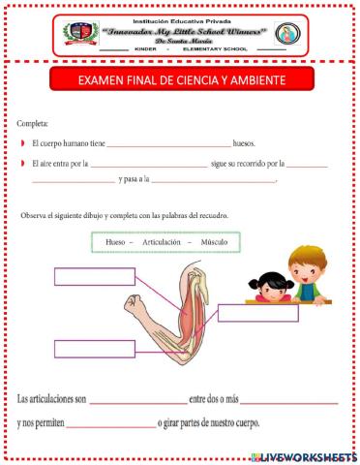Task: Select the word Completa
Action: tap(31, 124)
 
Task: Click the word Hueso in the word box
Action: tap(116, 241)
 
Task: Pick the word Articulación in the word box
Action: tap(162, 241)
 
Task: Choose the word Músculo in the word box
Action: tap(213, 241)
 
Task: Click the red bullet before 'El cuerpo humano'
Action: tap(21, 143)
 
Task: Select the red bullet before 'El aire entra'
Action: tap(21, 163)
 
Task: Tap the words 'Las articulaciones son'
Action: tap(52, 397)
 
